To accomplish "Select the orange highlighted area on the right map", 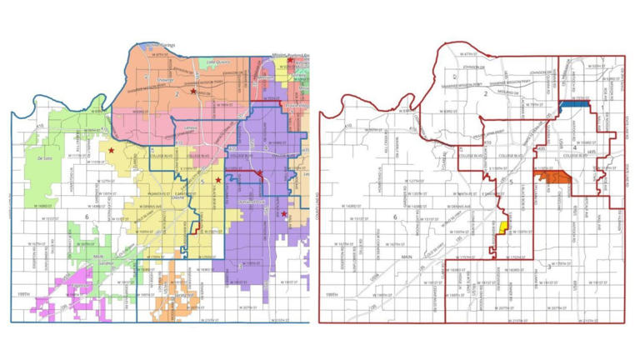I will [552, 177].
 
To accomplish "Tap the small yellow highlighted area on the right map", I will [502, 227].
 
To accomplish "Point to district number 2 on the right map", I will [484, 97].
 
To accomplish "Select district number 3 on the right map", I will [548, 267].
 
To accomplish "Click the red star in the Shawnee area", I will [193, 90].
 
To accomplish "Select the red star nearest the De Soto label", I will [112, 150].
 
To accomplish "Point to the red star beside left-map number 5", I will [218, 180].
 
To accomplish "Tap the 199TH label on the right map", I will [332, 293].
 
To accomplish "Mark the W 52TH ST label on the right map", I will [597, 66].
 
